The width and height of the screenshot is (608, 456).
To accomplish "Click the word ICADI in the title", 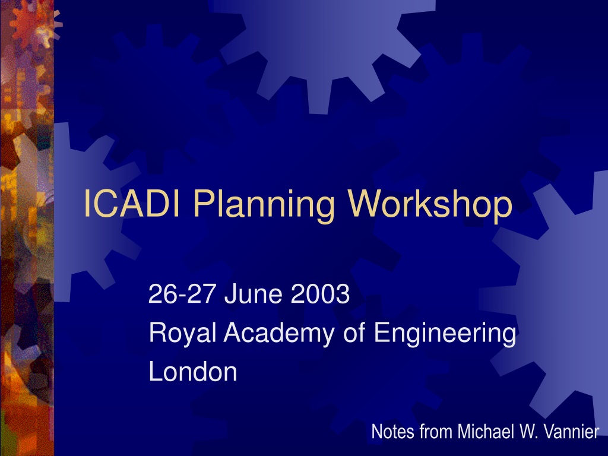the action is point(132,204).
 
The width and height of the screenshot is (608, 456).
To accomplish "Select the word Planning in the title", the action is point(263,206).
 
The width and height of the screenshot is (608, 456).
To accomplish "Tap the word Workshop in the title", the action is point(430,206).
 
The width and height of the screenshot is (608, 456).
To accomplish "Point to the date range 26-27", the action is point(181,293).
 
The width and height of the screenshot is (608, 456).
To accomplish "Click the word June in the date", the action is point(253,293).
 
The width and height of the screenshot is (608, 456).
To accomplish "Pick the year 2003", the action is point(320,293).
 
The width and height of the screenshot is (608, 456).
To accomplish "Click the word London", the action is point(193,371).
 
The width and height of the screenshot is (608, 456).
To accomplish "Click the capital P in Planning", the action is point(203,204).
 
